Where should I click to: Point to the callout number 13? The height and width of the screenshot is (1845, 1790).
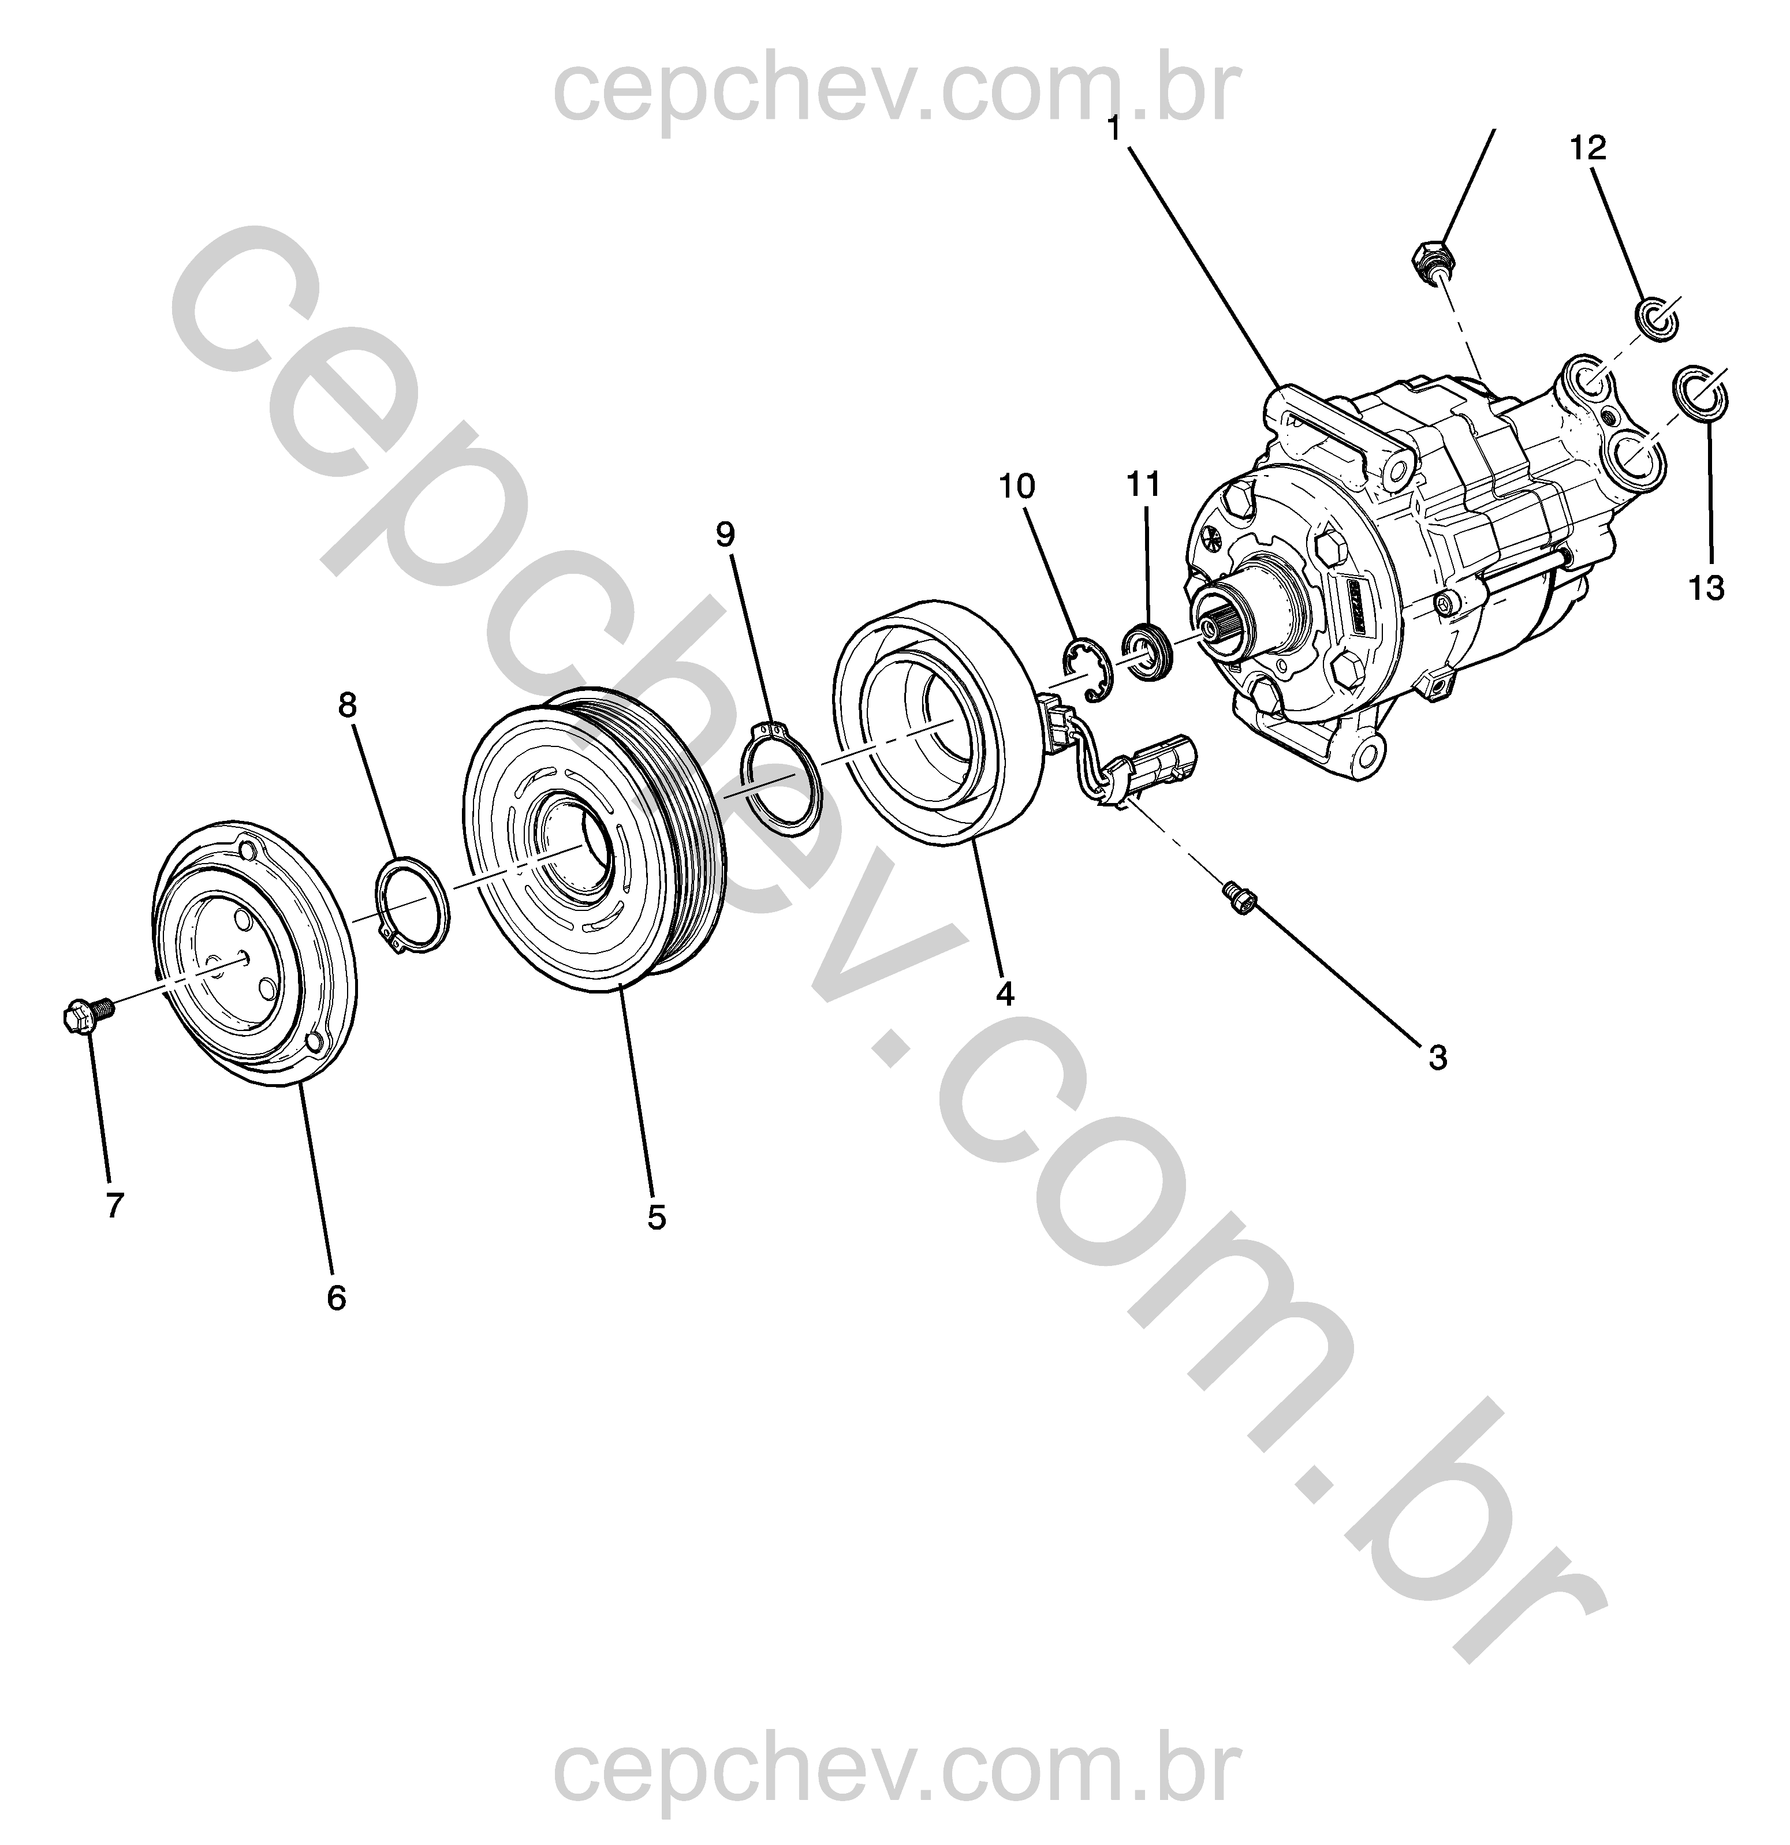click(x=1706, y=588)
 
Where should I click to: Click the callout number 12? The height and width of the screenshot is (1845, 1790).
click(x=1588, y=148)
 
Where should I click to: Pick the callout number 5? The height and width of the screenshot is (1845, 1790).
click(x=657, y=1217)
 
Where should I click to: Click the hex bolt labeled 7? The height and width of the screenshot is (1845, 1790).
click(x=87, y=1015)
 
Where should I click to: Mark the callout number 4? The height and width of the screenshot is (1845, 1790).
click(x=1006, y=993)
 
